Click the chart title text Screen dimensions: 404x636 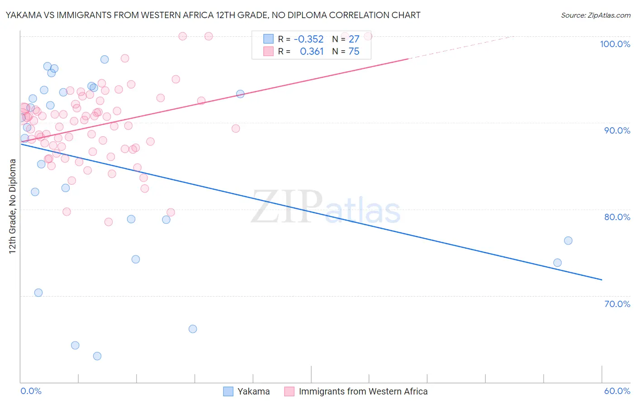[213, 15]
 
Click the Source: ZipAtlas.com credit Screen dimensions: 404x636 [595, 15]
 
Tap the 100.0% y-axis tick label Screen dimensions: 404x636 [615, 44]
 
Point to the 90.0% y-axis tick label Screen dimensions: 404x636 [617, 130]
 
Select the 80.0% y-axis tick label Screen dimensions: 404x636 [617, 217]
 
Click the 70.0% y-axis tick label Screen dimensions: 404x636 [617, 304]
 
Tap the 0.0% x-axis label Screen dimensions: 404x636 [31, 391]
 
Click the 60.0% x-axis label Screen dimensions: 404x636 [617, 391]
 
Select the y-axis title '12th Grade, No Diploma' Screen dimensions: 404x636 [13, 206]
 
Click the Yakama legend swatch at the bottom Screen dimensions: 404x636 [228, 391]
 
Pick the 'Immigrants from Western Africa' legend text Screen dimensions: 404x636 [363, 391]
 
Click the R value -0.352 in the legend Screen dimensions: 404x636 [309, 39]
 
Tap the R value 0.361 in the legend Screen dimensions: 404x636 [312, 52]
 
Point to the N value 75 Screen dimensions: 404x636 [354, 52]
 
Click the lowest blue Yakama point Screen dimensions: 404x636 [97, 356]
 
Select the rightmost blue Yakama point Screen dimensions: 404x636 [568, 240]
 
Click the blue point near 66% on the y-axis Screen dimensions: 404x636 [193, 329]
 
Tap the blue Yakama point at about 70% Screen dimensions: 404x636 [38, 293]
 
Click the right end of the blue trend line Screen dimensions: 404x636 [602, 280]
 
